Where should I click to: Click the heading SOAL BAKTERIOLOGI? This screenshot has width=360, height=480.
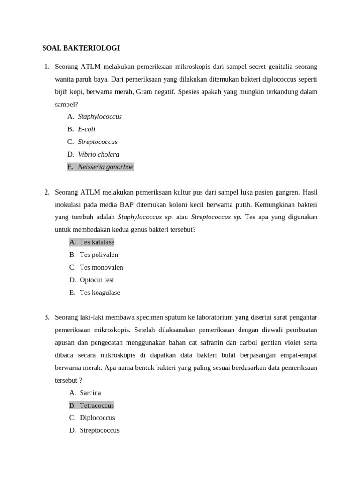click(x=81, y=48)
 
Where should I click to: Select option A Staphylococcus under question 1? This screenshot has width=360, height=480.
click(x=99, y=117)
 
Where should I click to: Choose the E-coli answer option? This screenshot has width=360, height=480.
click(x=86, y=129)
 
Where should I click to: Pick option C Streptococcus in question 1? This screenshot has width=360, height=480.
click(x=97, y=142)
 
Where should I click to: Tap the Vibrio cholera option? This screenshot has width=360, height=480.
click(x=98, y=155)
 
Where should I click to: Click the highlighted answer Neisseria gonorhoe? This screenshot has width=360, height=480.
click(x=105, y=167)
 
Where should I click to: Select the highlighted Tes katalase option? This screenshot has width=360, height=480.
click(x=97, y=242)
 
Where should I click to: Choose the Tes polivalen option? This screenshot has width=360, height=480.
click(x=98, y=255)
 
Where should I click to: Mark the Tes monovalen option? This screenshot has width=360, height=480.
click(x=101, y=268)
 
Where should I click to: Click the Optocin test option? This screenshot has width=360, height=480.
click(x=97, y=280)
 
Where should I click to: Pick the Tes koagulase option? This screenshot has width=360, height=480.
click(x=99, y=293)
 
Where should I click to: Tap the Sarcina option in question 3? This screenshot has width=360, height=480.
click(x=90, y=393)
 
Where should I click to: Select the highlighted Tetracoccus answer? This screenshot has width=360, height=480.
click(x=97, y=405)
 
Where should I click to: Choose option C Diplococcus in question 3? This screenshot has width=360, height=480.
click(x=97, y=418)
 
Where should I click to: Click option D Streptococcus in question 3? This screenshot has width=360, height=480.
click(x=99, y=430)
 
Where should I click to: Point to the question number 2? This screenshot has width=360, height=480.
click(x=47, y=192)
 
